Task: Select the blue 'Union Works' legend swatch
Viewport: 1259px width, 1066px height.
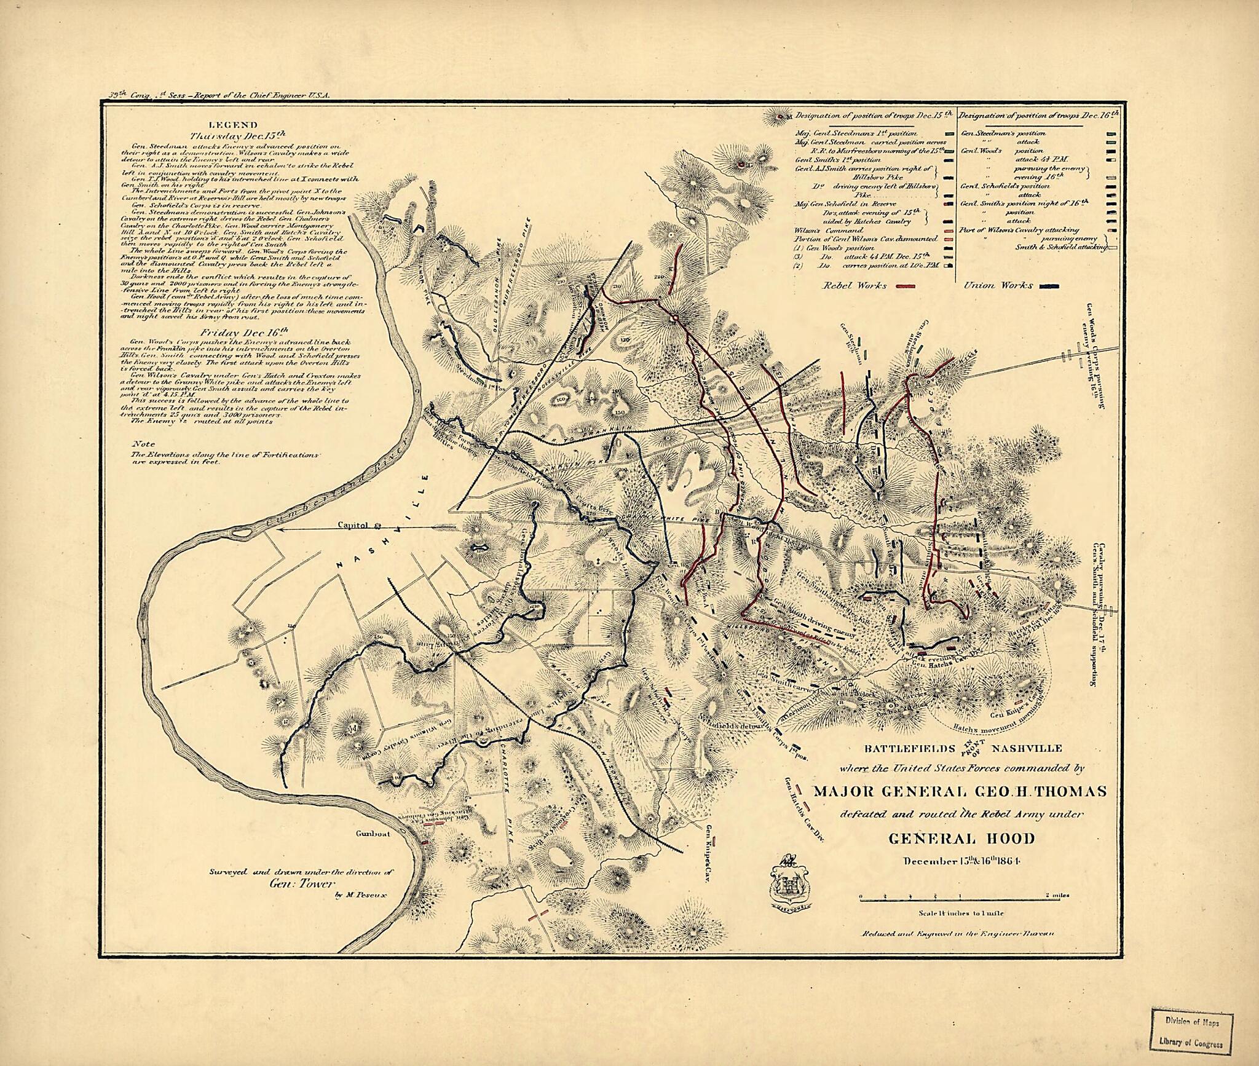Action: [1052, 286]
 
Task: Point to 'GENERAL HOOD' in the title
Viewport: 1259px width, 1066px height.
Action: [961, 839]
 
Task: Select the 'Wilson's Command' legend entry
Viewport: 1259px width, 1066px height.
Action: [820, 230]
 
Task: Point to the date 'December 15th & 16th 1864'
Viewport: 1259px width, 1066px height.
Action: [961, 860]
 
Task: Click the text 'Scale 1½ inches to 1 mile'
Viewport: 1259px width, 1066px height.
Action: [961, 914]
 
